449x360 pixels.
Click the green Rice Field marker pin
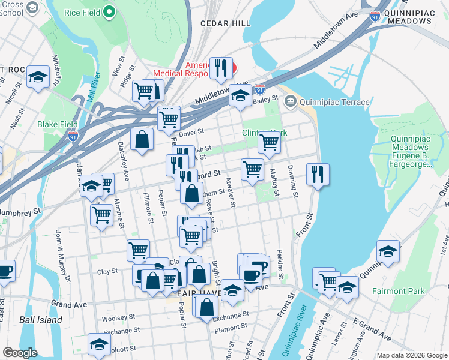109,11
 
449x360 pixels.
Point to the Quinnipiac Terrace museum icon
291,102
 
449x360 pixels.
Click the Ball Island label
40,320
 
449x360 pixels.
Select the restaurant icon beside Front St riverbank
316,174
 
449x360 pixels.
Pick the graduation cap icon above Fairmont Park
388,251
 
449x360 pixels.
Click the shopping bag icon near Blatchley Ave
142,139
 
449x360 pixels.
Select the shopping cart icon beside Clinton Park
268,143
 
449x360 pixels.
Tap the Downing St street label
292,181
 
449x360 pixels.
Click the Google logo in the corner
19,353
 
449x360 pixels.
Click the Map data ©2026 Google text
411,355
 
